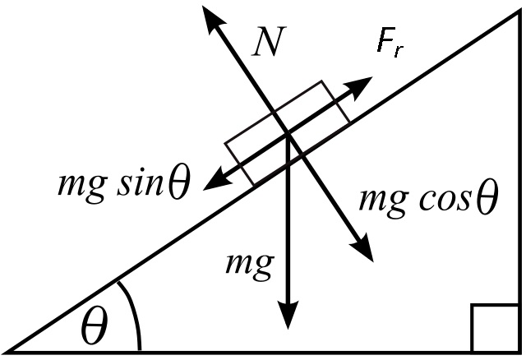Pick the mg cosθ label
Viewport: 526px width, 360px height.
click(428, 199)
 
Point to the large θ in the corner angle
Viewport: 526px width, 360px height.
click(95, 329)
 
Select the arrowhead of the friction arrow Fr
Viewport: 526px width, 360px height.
click(362, 81)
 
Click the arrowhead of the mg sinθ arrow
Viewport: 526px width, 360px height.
click(212, 178)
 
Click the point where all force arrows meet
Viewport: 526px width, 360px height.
click(286, 134)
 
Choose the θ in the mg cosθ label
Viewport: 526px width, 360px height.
click(486, 199)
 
